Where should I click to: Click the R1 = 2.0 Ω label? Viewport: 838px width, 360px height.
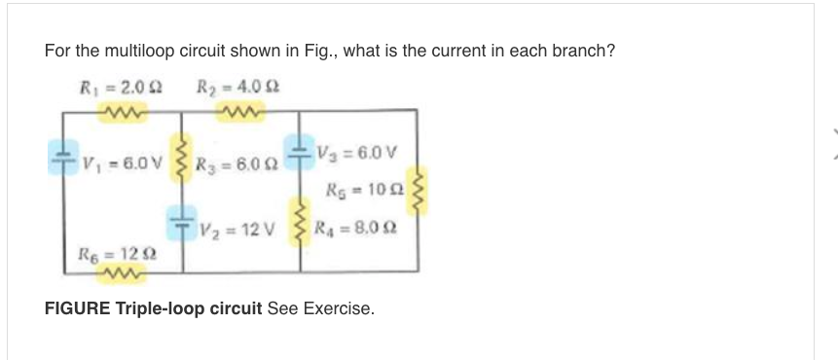(x=119, y=85)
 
